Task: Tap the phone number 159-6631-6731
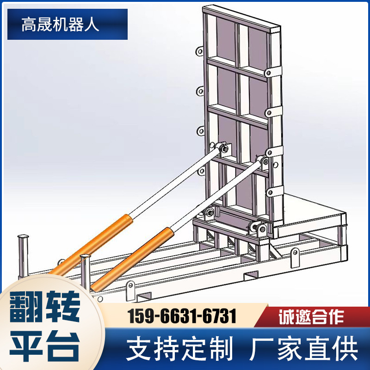182,317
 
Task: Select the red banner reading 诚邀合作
311,317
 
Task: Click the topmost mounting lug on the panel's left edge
200,51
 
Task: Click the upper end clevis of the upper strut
224,149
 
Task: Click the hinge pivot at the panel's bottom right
259,228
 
